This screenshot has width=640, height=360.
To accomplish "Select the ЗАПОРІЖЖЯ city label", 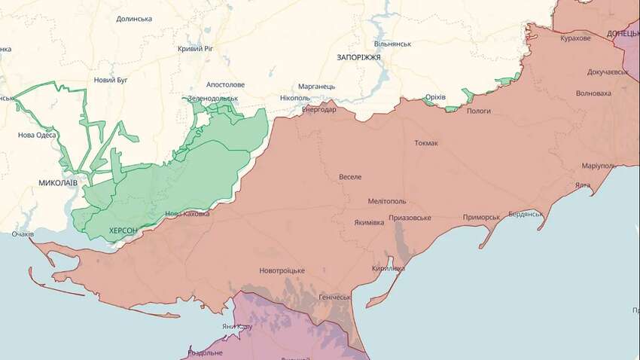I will point(358,57).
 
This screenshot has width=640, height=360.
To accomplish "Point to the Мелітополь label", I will point(387,201).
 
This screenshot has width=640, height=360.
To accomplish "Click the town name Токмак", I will point(426,143).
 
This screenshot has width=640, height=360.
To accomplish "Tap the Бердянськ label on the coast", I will point(525,214).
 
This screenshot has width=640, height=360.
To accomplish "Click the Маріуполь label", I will point(599,166).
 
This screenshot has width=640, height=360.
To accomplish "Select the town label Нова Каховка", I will point(187,214).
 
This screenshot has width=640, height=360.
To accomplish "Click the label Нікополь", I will point(294,98).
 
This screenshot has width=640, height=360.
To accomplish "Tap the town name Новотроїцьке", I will point(282,270).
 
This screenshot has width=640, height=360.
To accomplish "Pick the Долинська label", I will point(134,19).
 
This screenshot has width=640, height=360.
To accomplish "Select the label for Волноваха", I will point(593,93).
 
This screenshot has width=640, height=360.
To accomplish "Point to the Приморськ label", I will point(481,217).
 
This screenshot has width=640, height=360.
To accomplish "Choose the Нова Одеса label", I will point(38,136).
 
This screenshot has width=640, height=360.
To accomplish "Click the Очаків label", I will point(23,234).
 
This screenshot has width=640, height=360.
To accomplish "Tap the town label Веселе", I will point(350,177).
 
